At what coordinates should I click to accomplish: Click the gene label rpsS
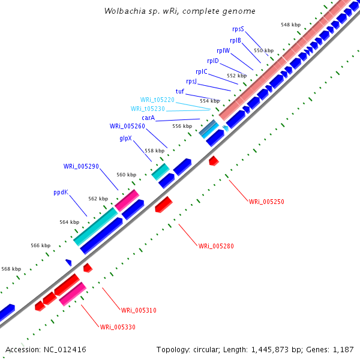point(238,29)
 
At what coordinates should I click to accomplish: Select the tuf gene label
point(180,91)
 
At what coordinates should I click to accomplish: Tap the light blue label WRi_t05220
point(157,100)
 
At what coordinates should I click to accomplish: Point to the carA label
point(148,118)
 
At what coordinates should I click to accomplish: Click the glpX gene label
point(125,138)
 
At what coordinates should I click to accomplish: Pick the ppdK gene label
point(61,192)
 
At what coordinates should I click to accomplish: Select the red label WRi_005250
point(266,202)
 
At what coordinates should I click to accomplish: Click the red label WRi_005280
point(216,246)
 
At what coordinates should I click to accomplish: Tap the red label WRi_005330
point(118,327)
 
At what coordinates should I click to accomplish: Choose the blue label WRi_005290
point(81,166)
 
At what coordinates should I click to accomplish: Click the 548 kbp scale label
point(290,25)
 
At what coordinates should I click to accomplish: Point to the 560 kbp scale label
point(126,175)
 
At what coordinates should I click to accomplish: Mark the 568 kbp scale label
point(11,269)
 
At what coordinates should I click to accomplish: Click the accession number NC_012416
point(65,350)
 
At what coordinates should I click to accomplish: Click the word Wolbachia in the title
point(125,11)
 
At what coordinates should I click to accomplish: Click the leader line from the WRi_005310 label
point(112,299)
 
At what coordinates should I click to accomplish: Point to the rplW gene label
point(223,50)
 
